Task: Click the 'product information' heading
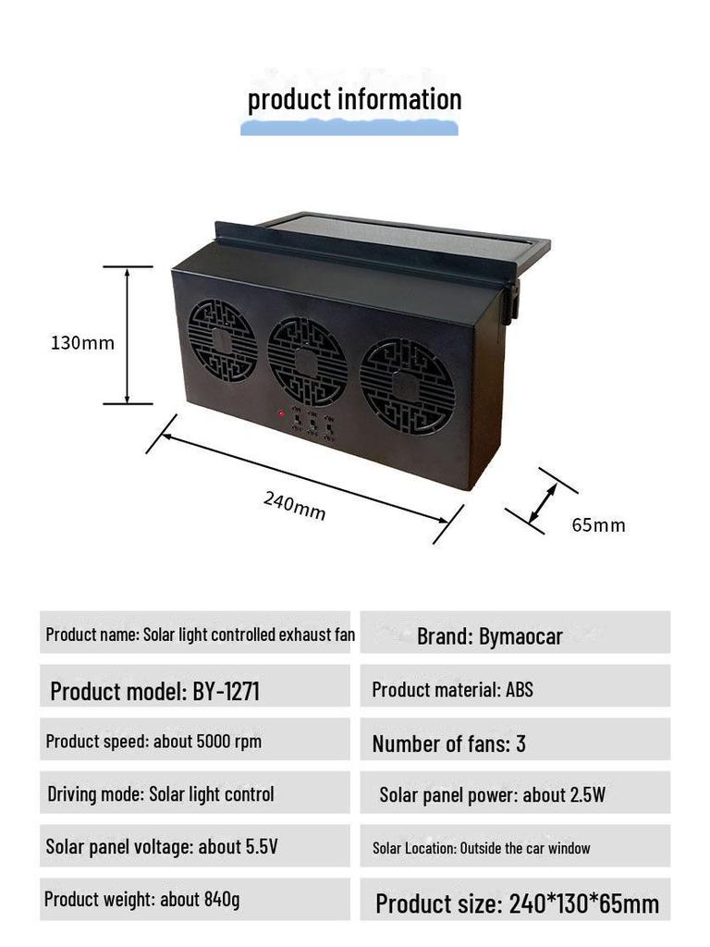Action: [354, 100]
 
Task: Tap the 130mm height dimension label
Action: [82, 343]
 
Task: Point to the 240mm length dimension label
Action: [295, 506]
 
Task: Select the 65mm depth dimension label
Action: [598, 525]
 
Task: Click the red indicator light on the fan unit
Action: [282, 413]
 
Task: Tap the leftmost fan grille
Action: [222, 341]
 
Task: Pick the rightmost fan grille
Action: [407, 387]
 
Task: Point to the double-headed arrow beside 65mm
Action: [542, 503]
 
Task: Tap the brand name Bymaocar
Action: [520, 636]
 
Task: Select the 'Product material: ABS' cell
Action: [515, 686]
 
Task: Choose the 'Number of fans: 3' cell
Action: [515, 739]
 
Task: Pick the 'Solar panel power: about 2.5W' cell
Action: [515, 793]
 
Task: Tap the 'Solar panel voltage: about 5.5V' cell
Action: [195, 845]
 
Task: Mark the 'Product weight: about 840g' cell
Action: [195, 899]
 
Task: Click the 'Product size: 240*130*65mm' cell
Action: [515, 899]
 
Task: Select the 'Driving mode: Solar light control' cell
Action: [195, 793]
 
